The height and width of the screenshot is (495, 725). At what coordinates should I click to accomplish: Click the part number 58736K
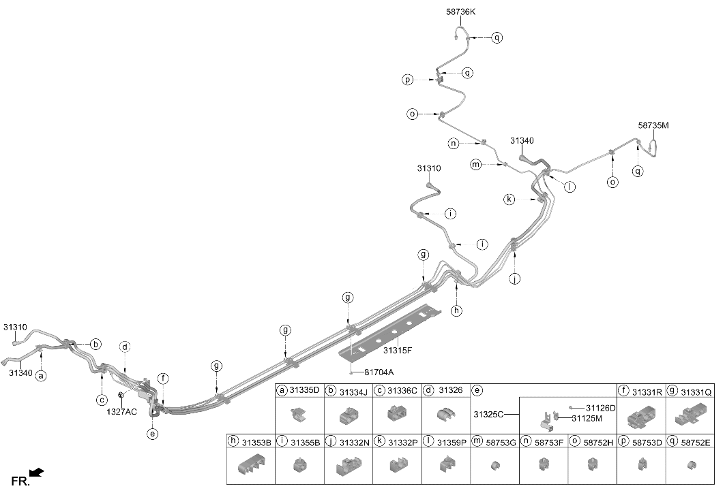460,12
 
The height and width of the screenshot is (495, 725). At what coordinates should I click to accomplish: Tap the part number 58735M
653,125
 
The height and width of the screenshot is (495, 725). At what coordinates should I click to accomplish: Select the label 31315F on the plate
398,350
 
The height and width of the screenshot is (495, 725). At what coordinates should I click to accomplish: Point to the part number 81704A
379,372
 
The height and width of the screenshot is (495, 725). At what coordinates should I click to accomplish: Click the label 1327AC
121,411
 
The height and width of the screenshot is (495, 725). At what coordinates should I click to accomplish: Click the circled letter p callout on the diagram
407,80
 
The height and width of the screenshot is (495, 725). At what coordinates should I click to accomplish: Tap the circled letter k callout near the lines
509,199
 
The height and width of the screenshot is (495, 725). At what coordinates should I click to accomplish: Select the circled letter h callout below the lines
457,310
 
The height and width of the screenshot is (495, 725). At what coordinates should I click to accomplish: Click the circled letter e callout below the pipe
152,434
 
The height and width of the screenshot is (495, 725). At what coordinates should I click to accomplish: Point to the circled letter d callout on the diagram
124,347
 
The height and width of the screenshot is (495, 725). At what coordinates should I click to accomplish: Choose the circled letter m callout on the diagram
476,164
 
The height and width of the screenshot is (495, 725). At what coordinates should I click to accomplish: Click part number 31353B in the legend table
256,443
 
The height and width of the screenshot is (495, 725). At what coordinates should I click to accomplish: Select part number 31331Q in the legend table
696,392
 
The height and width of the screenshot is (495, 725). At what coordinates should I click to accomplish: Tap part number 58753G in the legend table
501,443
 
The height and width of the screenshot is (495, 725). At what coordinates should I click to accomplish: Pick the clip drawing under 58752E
692,464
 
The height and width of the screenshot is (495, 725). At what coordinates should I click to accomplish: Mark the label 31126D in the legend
601,409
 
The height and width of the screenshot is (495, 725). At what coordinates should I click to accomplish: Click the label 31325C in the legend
488,414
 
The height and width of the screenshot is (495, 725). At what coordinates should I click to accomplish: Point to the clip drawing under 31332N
349,466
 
